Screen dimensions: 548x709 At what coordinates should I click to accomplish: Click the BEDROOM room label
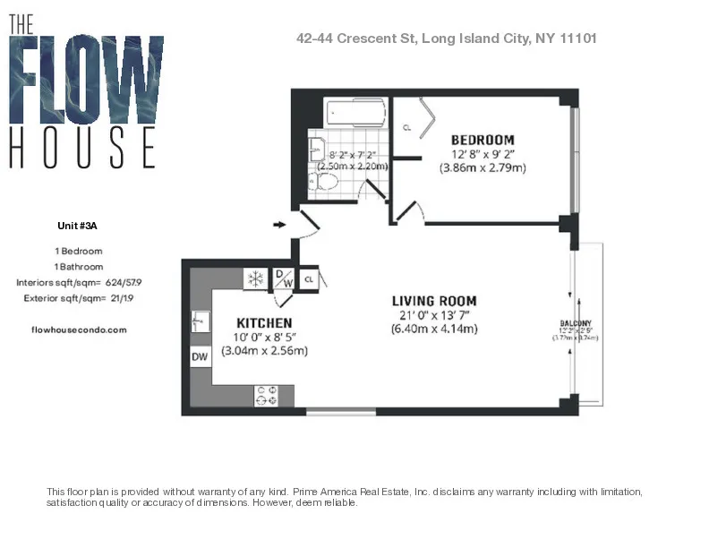coord(483,140)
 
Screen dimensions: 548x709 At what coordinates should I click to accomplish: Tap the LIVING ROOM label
coord(434,301)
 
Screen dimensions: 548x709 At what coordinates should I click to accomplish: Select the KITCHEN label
coord(264,322)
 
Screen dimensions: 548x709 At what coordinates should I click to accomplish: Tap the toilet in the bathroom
coord(325,182)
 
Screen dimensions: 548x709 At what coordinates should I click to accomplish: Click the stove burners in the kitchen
coord(268,395)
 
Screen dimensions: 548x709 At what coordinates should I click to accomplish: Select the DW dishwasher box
coord(200,357)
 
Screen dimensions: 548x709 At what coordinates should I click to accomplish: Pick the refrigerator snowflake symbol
coord(255,278)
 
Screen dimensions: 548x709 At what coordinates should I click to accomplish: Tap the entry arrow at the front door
coord(278,225)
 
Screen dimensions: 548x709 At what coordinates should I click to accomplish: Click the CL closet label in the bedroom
coord(407,128)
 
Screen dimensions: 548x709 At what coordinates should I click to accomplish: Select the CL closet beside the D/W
coord(309,279)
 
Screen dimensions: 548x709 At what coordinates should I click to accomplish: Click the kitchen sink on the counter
coord(200,320)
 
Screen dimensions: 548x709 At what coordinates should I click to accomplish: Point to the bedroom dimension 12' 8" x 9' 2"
coord(483,154)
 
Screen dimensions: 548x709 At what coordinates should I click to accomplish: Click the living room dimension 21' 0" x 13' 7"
coord(434,315)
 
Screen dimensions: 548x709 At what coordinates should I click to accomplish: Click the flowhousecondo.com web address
coord(79,330)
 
